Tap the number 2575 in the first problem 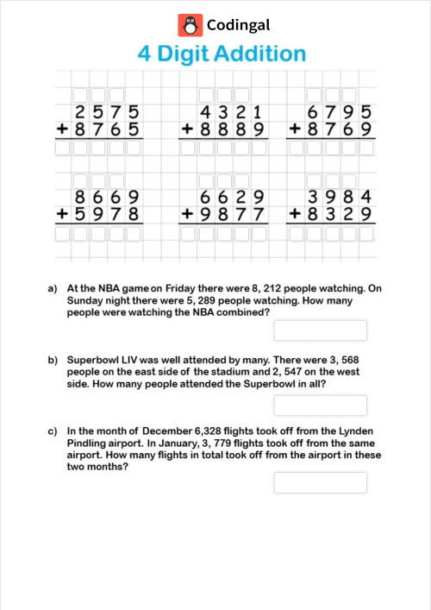pyautogui.click(x=106, y=112)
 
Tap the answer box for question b pyautogui.click(x=320, y=406)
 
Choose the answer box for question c pyautogui.click(x=320, y=482)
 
